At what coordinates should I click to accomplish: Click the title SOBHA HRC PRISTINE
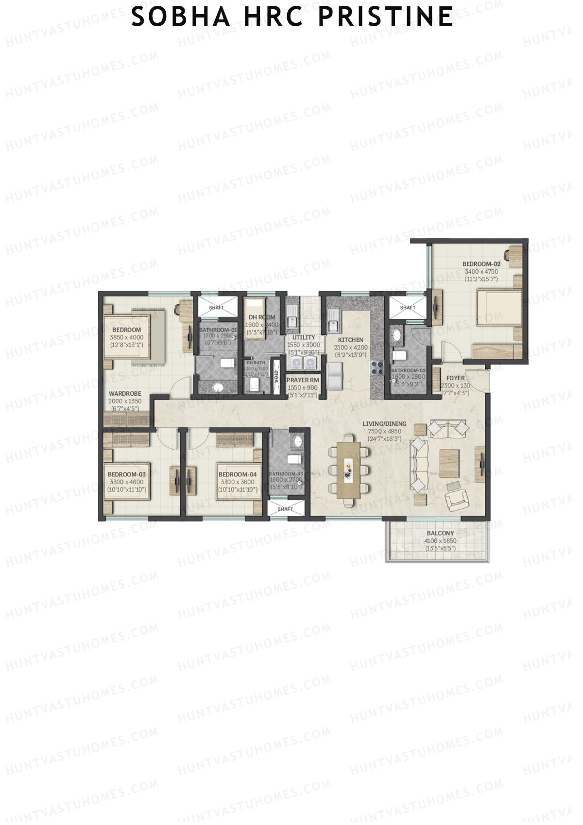point(292,18)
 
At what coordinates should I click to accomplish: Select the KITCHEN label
point(350,340)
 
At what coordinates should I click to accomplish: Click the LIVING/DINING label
point(384,423)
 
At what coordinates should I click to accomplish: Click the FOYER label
point(455,378)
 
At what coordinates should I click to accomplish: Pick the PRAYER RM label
point(302,380)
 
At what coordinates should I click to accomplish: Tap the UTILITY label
point(304,337)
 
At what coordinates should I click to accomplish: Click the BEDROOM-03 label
point(126,474)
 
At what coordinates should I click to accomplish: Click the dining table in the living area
point(349,470)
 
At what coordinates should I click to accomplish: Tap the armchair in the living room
point(457,497)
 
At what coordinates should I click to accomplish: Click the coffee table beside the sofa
point(449,462)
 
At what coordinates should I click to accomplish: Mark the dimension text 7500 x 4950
point(384,431)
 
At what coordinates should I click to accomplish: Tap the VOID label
point(276,377)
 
